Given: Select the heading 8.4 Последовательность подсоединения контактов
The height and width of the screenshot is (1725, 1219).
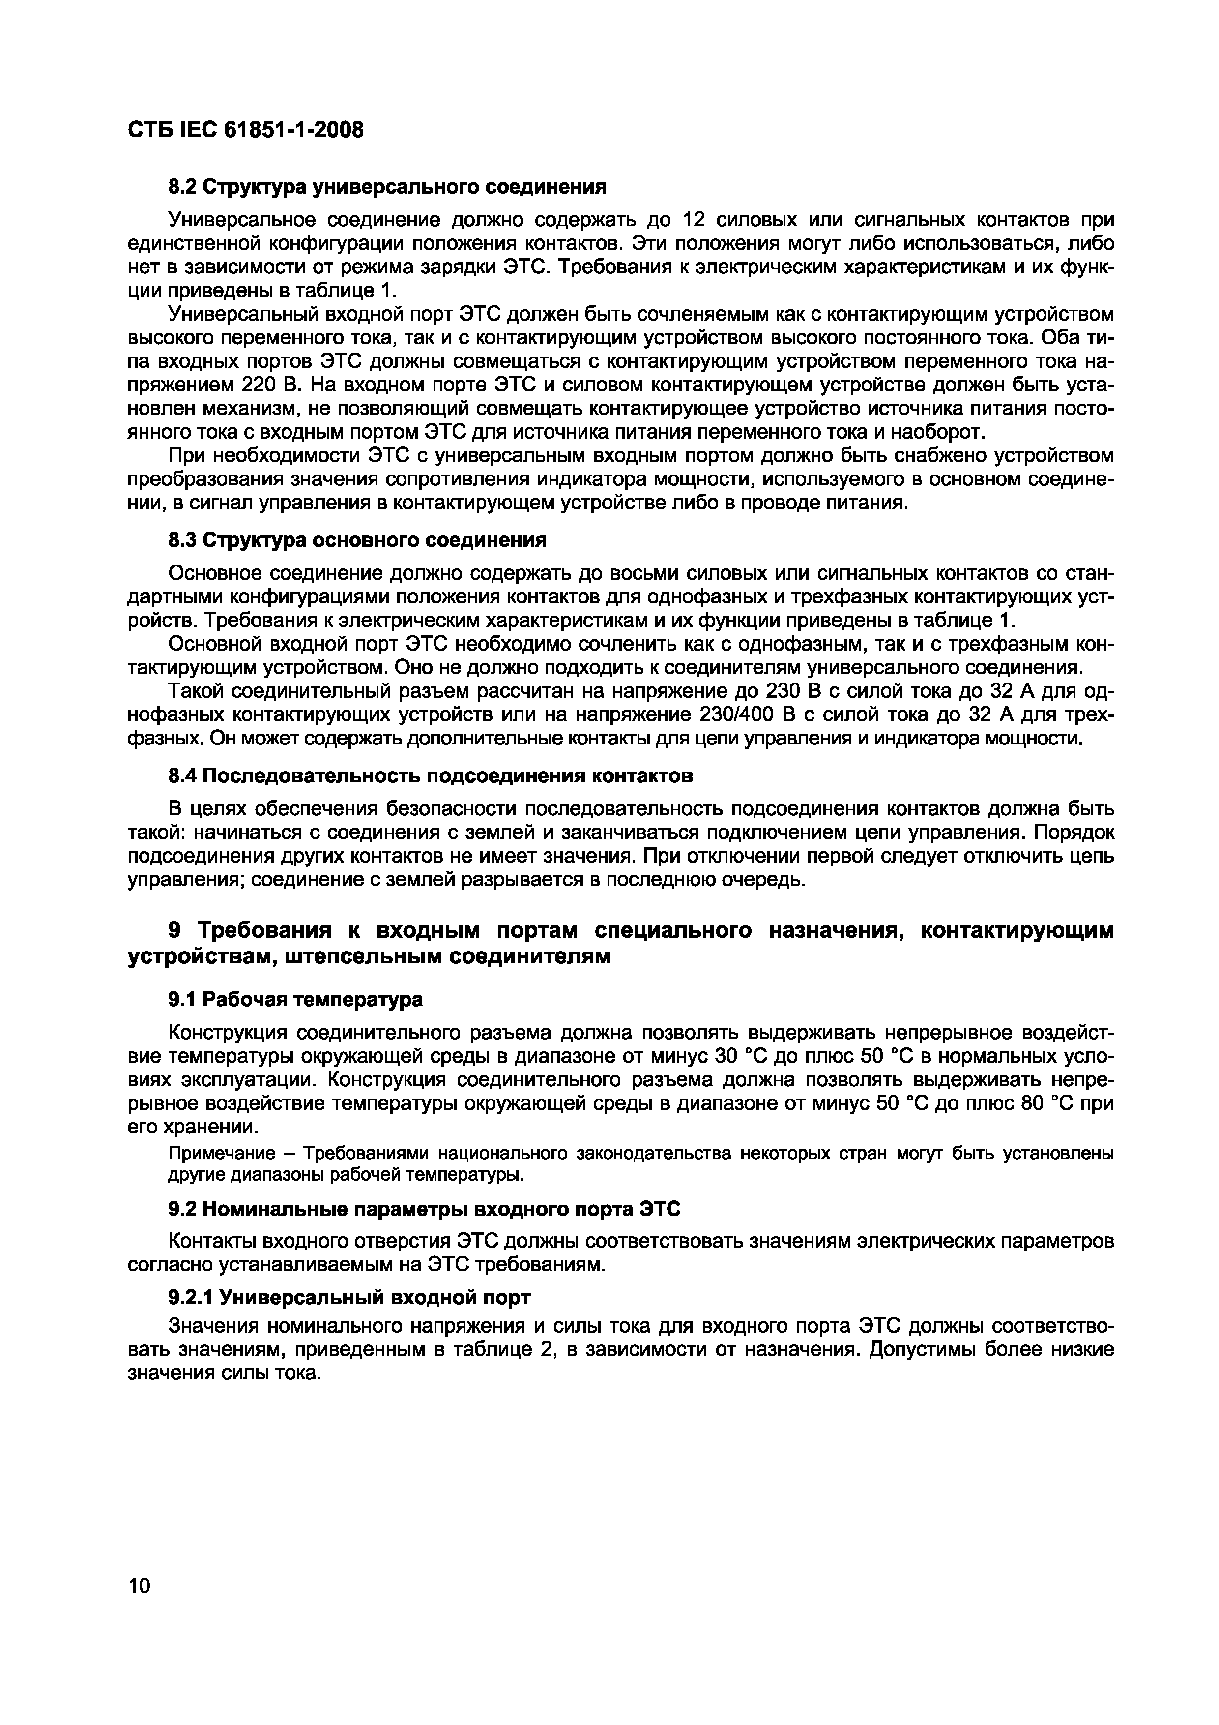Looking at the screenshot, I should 430,774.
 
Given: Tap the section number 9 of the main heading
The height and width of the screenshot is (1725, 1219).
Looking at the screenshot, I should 174,930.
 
